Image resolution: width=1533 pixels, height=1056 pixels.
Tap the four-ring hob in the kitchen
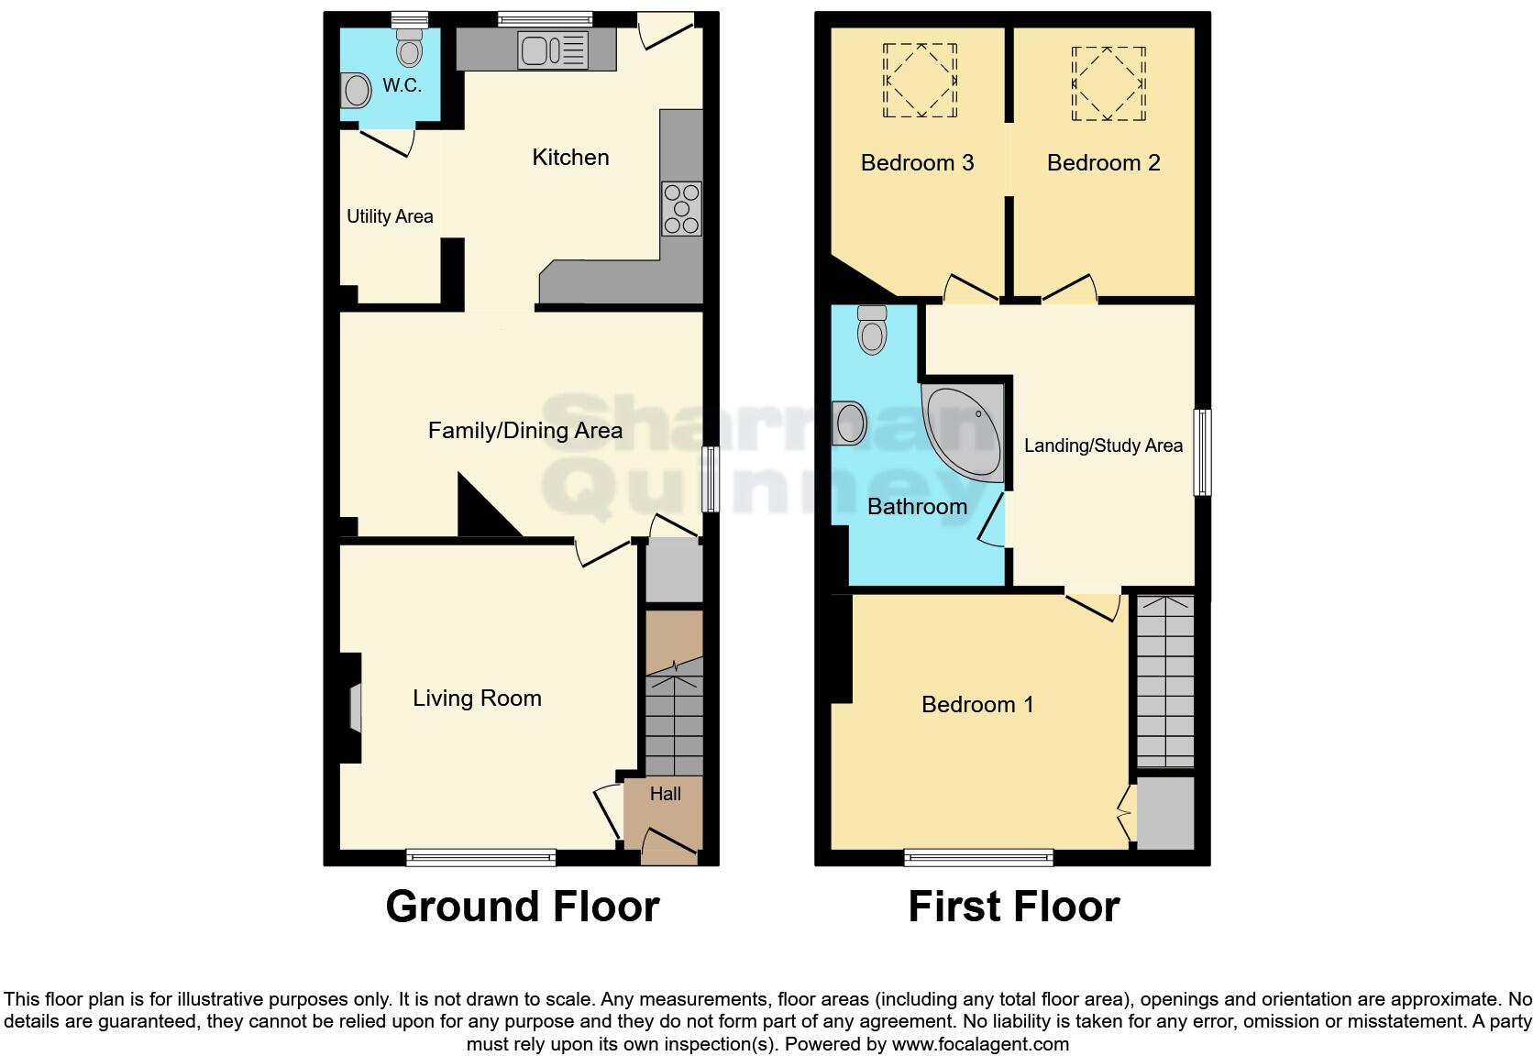[x=681, y=209]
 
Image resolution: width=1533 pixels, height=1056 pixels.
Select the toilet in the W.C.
[x=409, y=46]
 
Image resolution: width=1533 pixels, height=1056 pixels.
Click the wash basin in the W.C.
[x=356, y=91]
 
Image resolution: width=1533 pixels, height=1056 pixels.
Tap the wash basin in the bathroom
[x=850, y=423]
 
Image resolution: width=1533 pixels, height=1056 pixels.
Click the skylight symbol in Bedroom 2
[x=1108, y=83]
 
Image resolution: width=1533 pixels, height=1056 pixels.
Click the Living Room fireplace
[x=353, y=708]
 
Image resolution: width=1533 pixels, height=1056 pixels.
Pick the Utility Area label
[x=390, y=216]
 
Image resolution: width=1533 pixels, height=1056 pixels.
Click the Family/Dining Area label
[x=524, y=430]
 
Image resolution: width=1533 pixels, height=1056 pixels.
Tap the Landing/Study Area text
[x=1103, y=445]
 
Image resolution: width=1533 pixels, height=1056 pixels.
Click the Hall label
[x=665, y=794]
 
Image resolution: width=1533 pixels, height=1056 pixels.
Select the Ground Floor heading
[x=522, y=907]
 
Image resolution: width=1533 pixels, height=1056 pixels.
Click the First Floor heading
[x=1013, y=907]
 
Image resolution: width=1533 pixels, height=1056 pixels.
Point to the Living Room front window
[x=481, y=858]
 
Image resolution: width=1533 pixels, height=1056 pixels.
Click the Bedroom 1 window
[x=978, y=858]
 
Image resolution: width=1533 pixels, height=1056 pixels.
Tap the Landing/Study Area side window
[x=1202, y=453]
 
